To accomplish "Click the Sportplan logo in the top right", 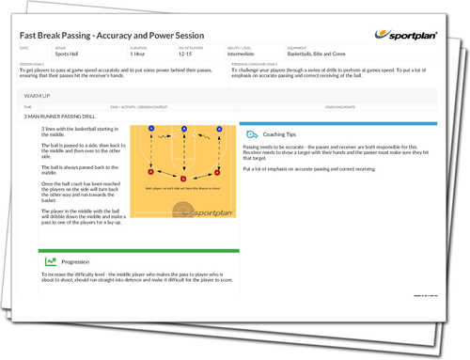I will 414,36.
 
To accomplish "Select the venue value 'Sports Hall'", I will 68,55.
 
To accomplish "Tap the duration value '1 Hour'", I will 138,55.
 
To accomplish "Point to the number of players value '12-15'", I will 183,55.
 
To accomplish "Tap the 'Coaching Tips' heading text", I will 281,135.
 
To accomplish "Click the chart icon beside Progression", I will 51,261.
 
